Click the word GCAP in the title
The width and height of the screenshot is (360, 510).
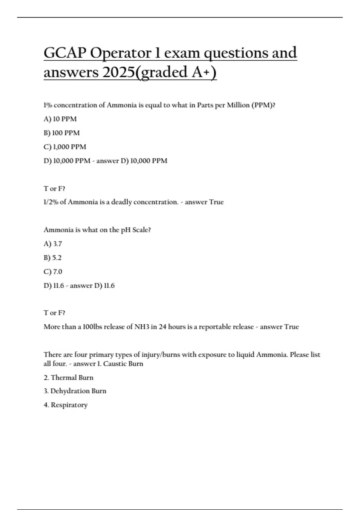point(64,53)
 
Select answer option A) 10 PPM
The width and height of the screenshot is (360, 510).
point(60,119)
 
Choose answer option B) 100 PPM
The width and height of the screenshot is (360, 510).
point(62,133)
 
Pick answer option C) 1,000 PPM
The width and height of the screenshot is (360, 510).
point(65,147)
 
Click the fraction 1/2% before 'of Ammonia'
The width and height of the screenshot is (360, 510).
point(51,202)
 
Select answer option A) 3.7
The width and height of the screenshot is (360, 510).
point(53,244)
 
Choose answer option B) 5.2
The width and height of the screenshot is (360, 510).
point(53,258)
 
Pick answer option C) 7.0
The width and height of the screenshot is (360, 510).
point(53,272)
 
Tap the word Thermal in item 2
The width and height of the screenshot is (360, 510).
point(64,378)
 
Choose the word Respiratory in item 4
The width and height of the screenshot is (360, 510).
point(69,405)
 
